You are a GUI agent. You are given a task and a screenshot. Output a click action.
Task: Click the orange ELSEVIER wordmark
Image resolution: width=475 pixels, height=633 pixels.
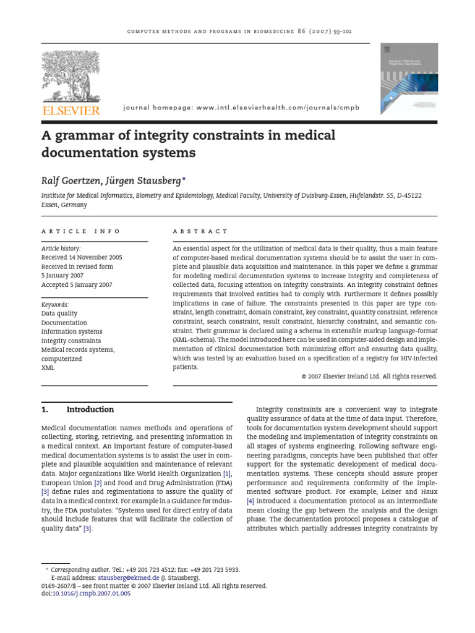coord(70,110)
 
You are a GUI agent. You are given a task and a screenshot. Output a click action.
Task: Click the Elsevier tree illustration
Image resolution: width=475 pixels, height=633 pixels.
coord(70,77)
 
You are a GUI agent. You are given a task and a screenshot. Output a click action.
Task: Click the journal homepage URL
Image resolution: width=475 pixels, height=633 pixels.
coord(241,108)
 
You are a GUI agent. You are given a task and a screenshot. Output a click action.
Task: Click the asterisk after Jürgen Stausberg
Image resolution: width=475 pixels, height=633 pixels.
coord(184,178)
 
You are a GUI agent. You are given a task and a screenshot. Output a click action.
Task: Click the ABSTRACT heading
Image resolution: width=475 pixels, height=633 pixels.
coord(200,231)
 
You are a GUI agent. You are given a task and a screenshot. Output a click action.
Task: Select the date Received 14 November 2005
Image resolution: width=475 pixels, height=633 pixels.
coord(82,258)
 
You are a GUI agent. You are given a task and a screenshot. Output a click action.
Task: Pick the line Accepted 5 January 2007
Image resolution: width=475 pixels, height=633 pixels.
coord(77,285)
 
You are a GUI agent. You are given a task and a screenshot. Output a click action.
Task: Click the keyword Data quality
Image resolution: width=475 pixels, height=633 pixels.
coord(59,313)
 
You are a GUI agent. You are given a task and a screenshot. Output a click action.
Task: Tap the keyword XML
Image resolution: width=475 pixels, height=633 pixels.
coord(48,367)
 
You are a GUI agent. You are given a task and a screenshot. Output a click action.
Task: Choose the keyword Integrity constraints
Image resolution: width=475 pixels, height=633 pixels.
coord(71,341)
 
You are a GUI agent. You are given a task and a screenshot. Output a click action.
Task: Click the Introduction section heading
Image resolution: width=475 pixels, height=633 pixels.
coord(90,409)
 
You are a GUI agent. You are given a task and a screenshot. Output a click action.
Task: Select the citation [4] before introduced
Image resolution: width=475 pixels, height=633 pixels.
coord(250,501)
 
